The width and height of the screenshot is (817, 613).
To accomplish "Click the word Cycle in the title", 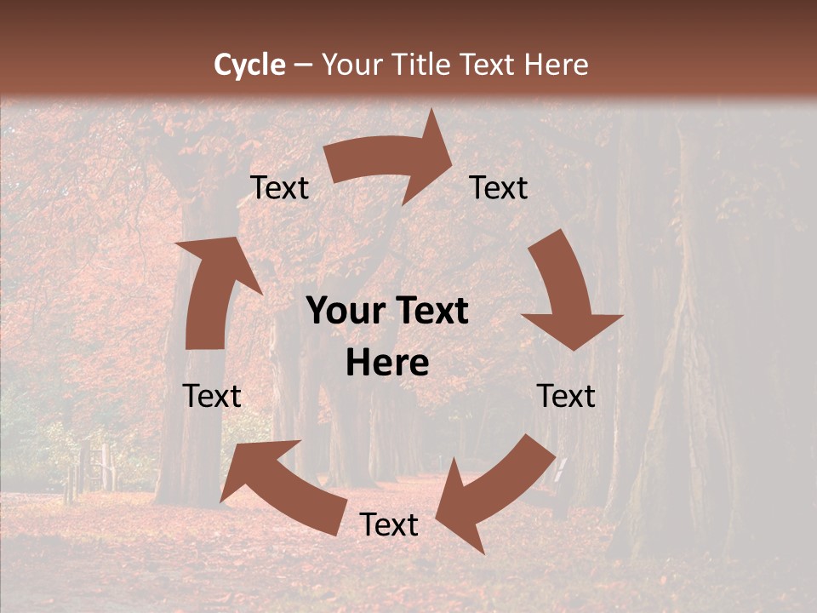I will tap(249, 65).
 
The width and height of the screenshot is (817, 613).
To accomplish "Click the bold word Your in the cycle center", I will tap(346, 311).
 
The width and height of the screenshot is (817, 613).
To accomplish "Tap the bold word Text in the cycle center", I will tap(431, 311).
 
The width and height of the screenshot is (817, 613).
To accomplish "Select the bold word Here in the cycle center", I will tap(387, 364).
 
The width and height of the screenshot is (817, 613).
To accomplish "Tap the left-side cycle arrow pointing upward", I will tap(212, 289).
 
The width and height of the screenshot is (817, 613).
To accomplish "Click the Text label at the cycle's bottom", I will tap(389, 525).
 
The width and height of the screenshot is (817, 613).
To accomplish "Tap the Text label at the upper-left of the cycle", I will tap(280, 188).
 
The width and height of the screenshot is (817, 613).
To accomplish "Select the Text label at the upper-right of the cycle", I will tap(499, 188).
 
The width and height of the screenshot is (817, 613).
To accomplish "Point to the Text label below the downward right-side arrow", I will tap(566, 396).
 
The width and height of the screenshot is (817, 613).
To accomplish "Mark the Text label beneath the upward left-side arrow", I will tap(212, 396).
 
